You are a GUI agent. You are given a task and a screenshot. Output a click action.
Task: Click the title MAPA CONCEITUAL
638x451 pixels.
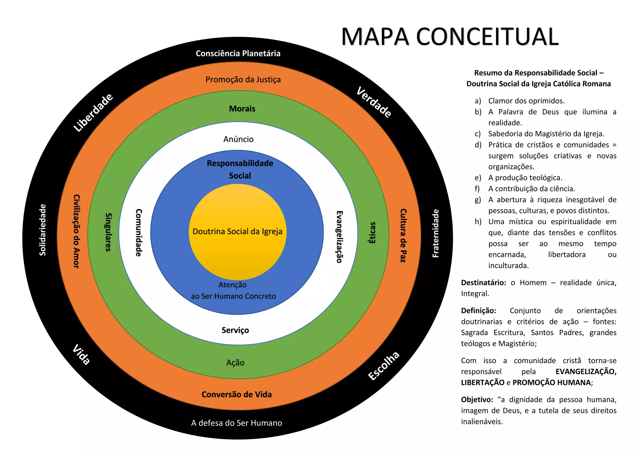point(450,37)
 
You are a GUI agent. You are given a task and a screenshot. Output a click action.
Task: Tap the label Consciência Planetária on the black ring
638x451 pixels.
point(238,54)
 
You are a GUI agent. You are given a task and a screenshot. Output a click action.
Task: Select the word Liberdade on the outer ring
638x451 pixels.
point(93,112)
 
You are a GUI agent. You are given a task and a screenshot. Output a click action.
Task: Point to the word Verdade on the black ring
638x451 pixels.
point(374,102)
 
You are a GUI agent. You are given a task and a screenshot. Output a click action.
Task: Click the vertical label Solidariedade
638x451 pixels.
point(43,230)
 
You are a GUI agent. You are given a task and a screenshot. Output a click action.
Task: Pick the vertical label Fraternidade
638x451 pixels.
point(436,233)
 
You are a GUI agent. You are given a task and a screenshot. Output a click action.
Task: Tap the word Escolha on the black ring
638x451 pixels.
point(383,366)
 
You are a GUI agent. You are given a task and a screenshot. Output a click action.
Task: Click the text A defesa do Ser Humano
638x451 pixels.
point(236,423)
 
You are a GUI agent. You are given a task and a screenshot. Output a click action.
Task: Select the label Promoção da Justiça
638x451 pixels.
point(243,79)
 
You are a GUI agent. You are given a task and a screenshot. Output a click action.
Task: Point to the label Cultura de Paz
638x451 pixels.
point(403,235)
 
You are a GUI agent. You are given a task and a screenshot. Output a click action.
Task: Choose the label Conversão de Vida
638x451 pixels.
point(236,394)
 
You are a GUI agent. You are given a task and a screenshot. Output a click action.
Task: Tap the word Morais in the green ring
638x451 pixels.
point(242,109)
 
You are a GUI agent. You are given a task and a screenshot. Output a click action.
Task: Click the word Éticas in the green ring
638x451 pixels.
point(372,233)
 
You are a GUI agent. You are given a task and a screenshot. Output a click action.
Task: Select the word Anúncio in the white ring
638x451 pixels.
point(238,139)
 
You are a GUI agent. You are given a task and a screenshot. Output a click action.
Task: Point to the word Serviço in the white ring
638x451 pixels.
point(235,330)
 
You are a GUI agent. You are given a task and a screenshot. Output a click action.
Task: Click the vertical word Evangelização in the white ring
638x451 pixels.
point(340,237)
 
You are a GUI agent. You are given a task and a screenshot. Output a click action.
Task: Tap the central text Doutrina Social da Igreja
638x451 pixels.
point(237,231)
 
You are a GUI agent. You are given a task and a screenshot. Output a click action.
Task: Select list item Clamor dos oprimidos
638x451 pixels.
point(526,101)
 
